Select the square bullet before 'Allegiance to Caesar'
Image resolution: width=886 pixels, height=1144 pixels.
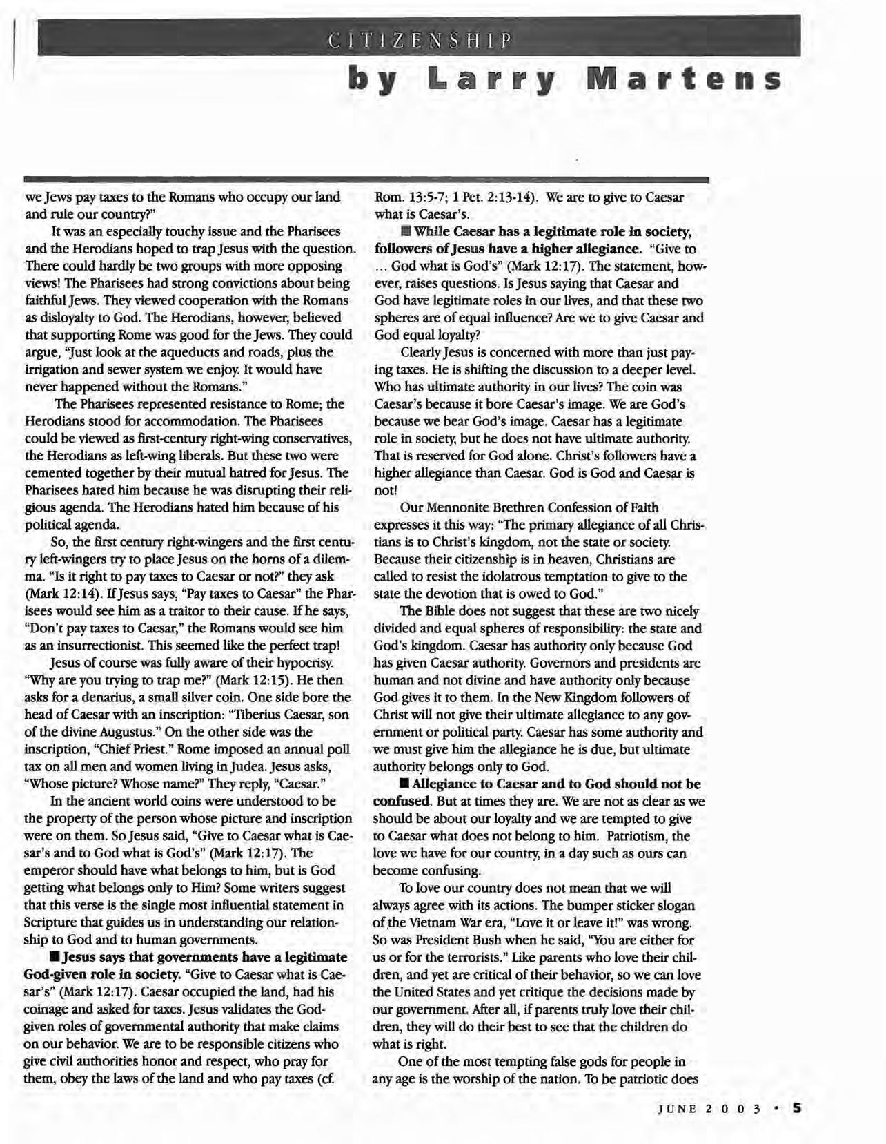pyautogui.click(x=404, y=784)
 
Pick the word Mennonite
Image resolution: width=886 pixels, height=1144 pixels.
pyautogui.click(x=469, y=508)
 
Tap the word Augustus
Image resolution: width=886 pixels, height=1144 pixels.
pyautogui.click(x=126, y=733)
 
